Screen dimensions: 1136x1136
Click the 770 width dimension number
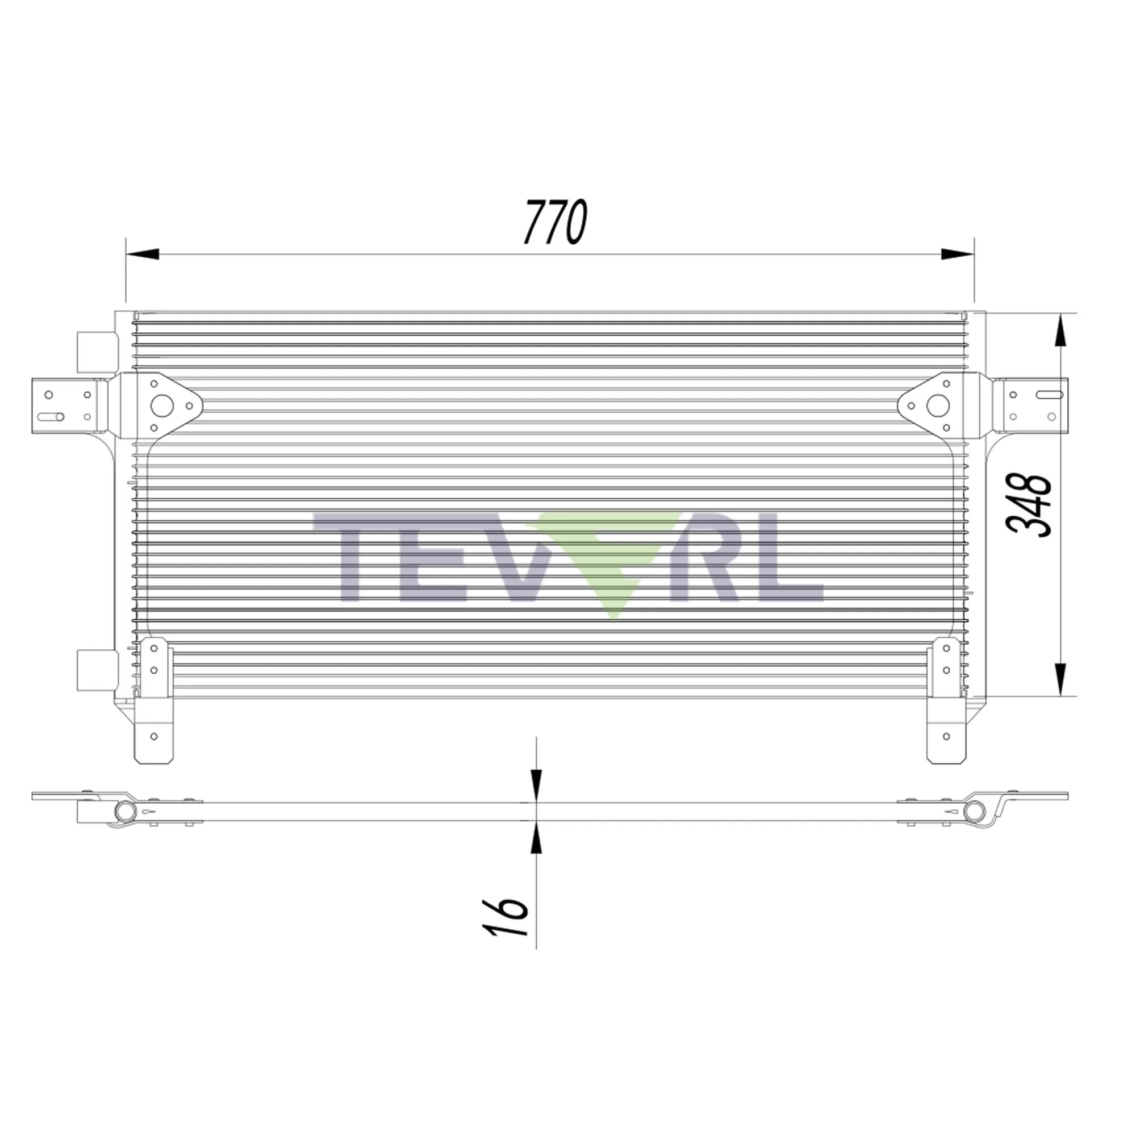coord(556,222)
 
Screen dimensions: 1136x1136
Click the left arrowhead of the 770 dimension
coord(143,254)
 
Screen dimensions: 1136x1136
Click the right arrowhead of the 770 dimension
coord(957,254)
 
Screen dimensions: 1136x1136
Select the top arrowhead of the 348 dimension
coord(1060,331)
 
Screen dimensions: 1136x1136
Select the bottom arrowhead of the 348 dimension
coord(1060,680)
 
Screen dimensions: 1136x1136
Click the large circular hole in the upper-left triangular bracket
coord(162,405)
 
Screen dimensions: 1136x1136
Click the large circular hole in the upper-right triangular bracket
coord(938,405)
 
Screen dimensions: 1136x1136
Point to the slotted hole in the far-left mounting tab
coord(51,417)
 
